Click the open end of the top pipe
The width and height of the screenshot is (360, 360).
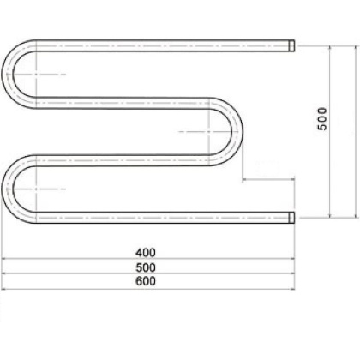point(292,43)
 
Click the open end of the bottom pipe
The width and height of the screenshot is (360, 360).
point(292,217)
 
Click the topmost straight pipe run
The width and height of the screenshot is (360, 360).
point(163,43)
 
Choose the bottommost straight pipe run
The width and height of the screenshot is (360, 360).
point(163,217)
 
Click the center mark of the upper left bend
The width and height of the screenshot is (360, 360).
point(38,74)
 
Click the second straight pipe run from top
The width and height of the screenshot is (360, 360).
point(120,102)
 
